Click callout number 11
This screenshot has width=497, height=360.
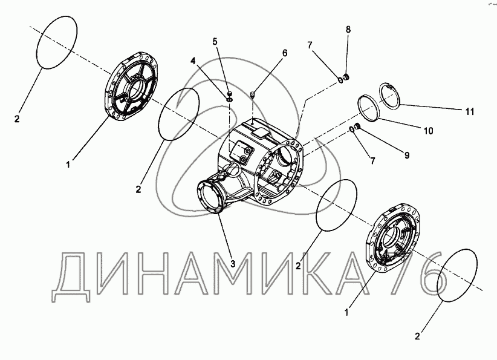click(x=469, y=112)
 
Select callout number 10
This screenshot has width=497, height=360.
click(x=428, y=131)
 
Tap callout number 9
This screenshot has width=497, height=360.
click(x=407, y=155)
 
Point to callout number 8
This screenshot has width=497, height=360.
click(x=348, y=30)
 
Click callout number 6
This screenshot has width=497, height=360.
click(x=285, y=53)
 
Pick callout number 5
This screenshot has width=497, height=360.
click(x=215, y=41)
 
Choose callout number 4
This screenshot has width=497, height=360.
click(x=193, y=61)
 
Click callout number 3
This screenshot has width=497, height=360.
click(x=233, y=263)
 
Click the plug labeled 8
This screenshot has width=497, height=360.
click(x=346, y=77)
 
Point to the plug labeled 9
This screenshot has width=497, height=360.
click(x=357, y=127)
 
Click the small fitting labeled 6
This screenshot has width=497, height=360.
click(x=253, y=94)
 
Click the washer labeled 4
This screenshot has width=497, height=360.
click(x=230, y=100)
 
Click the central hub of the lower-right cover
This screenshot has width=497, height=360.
click(x=391, y=239)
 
